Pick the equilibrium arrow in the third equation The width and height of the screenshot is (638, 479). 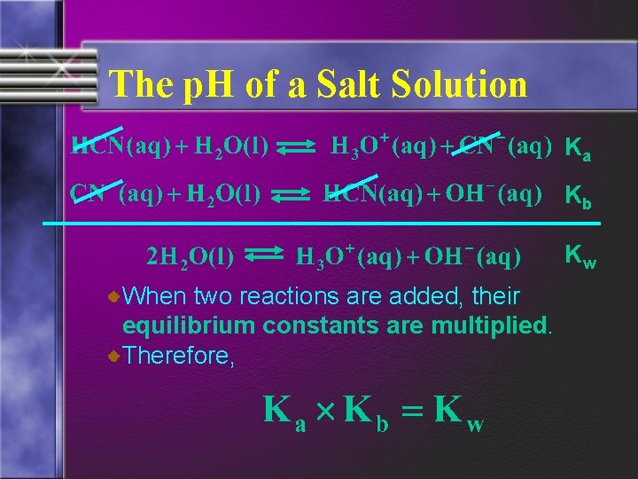coord(262,258)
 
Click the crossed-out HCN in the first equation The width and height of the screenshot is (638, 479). coord(97,145)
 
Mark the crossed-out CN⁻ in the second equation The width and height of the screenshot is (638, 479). coord(93,192)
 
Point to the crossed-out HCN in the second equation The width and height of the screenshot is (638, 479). coord(349,192)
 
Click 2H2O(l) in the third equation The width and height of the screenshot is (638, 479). coord(189,258)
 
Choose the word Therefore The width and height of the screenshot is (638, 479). coord(178,356)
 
